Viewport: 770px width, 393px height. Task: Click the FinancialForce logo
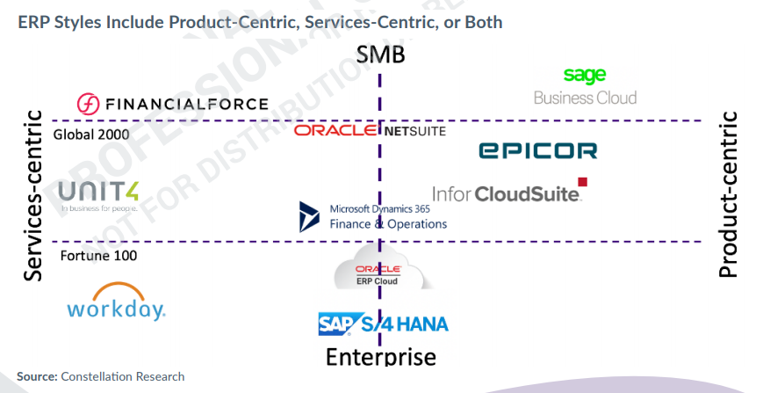coord(172,104)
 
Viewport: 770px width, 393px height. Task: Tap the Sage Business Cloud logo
coord(586,86)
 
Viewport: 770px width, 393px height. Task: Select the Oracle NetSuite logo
coord(370,130)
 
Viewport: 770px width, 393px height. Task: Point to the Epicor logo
coord(537,150)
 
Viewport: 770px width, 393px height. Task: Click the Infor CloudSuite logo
coord(507,193)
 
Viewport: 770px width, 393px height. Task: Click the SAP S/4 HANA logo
coord(383,324)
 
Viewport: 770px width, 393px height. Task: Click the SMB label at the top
coord(380,55)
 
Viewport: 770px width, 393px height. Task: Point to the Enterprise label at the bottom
coord(380,356)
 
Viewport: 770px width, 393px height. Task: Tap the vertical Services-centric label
coord(33,195)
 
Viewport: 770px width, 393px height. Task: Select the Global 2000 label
coord(91,135)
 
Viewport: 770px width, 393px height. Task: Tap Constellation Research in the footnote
coord(123,376)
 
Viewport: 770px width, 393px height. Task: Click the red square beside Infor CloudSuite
coord(582,182)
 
